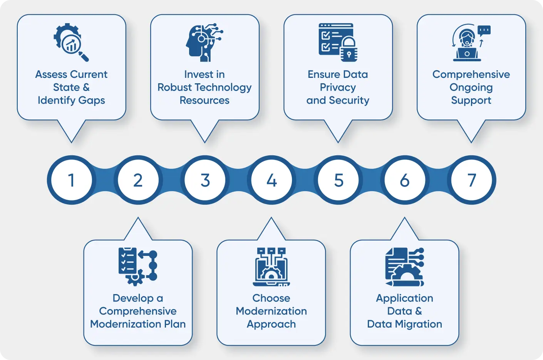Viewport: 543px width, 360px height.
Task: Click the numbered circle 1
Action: pos(71,180)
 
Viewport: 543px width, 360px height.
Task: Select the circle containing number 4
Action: pos(271,180)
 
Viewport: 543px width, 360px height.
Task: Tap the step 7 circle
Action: pos(472,180)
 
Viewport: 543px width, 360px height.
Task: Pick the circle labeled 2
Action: pos(138,180)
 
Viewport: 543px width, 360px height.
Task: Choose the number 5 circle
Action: pos(338,180)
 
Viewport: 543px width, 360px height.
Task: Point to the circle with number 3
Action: pos(205,180)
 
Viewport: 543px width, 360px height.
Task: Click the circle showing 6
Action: pos(405,180)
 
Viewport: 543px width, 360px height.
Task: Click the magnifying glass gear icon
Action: pos(71,42)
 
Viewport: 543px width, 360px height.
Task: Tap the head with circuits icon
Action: pos(204,42)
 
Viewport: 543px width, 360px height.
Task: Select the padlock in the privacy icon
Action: pos(349,50)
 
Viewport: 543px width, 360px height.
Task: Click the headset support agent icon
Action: pos(467,42)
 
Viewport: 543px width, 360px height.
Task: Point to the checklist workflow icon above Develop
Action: pos(138,266)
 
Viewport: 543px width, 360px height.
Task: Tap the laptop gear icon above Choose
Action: pos(271,266)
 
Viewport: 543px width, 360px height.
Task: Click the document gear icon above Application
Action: pos(404,266)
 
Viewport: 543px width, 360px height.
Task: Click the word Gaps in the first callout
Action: pos(91,101)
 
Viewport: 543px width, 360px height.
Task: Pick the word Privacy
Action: pos(338,87)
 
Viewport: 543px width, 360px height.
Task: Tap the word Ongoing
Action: pos(471,87)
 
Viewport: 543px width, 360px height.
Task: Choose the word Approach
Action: pos(271,324)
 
